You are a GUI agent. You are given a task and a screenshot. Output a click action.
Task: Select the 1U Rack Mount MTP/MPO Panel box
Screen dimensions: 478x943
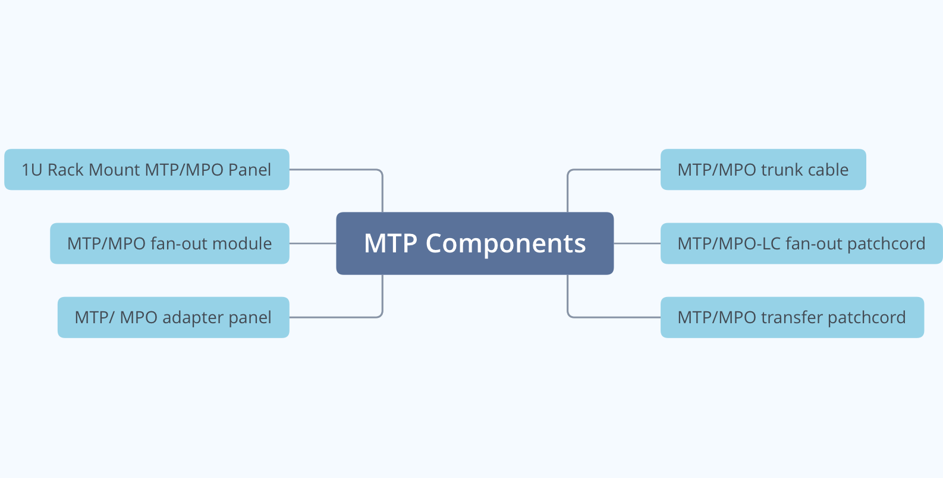[146, 170]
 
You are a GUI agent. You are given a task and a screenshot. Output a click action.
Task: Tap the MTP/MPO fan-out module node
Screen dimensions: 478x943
[169, 243]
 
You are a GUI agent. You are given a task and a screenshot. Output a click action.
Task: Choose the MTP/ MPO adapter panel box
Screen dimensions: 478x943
[173, 317]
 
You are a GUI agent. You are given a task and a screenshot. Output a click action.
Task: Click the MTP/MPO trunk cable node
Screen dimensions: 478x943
[763, 170]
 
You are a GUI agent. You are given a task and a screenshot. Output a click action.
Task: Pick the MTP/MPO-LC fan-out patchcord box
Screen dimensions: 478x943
[801, 243]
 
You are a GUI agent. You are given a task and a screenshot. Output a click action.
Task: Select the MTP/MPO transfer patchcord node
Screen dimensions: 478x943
[792, 317]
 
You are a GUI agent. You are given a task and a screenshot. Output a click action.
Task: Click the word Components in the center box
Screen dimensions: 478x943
[505, 243]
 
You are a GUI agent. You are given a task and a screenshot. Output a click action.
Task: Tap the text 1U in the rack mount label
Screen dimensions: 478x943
[32, 170]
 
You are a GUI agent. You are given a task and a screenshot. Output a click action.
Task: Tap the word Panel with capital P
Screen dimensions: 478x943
[249, 170]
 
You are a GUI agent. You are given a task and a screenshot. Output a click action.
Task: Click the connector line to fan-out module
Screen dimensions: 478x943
[313, 243]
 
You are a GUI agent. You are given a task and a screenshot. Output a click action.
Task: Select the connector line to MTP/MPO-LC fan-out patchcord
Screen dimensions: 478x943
[637, 243]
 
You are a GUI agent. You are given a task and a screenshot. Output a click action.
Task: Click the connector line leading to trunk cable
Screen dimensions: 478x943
[612, 170]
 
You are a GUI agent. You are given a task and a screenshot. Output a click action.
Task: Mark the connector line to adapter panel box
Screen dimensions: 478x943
[336, 317]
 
